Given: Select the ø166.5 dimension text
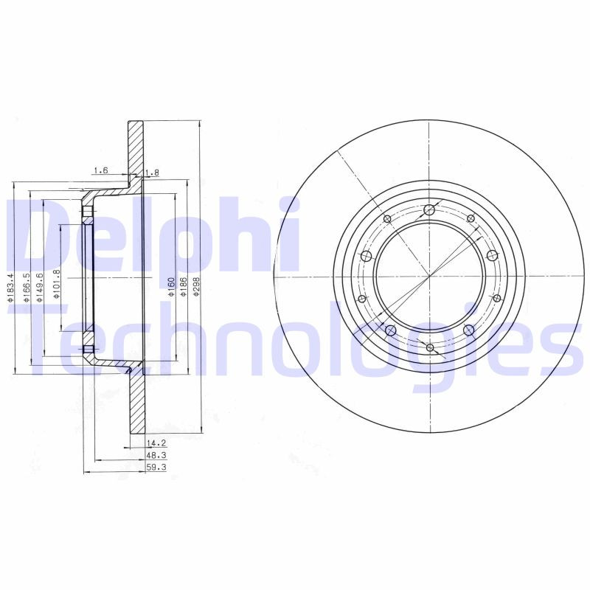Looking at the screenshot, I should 27,288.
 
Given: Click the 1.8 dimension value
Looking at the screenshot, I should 153,173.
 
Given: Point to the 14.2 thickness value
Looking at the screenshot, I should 154,443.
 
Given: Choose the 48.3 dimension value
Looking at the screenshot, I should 154,455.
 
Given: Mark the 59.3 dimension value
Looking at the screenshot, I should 154,467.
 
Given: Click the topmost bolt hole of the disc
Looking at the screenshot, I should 429,210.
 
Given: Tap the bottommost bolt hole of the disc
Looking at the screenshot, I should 429,347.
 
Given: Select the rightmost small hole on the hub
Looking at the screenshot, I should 497,298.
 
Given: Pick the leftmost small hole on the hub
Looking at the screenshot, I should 361,299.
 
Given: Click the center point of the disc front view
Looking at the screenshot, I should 429,277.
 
